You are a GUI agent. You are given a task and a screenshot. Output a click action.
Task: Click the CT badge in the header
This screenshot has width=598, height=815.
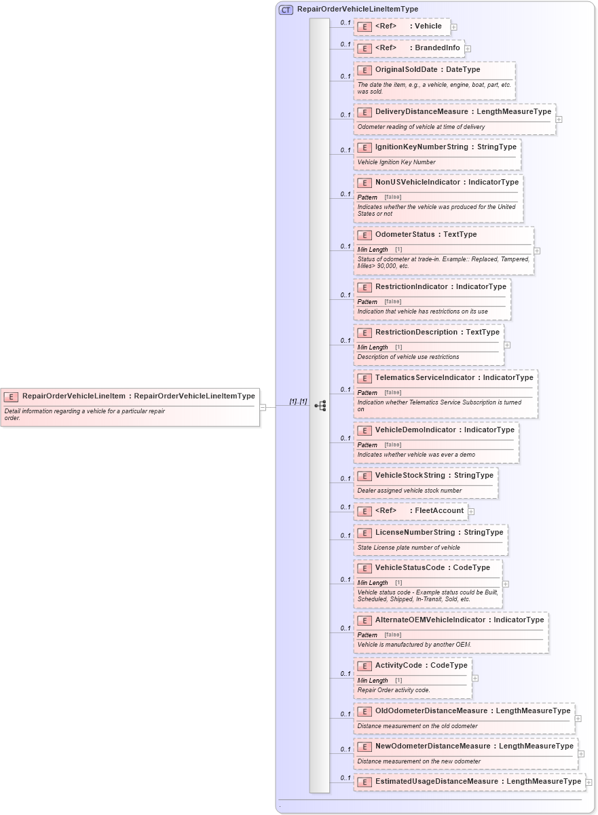[286, 10]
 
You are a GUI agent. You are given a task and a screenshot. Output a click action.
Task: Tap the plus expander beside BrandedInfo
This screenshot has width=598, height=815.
[468, 49]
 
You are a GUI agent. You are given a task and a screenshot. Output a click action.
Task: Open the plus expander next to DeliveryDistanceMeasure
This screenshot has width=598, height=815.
[559, 119]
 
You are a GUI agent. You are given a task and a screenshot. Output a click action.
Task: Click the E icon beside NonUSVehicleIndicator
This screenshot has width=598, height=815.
[365, 183]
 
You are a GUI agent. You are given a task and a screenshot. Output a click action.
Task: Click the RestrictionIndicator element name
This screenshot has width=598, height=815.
[413, 286]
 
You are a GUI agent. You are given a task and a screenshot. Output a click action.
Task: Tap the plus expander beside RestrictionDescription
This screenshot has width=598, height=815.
[507, 345]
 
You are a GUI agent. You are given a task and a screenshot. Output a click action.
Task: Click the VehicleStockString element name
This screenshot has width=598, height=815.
[410, 475]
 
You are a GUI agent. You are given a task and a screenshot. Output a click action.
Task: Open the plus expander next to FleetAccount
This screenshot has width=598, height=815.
[471, 512]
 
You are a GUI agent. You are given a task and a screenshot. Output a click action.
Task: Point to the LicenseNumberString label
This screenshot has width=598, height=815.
[415, 532]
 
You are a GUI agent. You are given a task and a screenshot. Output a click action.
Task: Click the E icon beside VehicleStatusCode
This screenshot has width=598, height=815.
[365, 568]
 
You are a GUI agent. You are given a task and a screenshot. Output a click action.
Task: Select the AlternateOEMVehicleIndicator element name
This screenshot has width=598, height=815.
[432, 620]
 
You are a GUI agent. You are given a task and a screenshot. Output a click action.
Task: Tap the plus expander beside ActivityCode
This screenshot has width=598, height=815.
[475, 678]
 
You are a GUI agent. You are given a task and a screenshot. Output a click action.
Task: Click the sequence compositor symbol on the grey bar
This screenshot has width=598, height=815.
[320, 406]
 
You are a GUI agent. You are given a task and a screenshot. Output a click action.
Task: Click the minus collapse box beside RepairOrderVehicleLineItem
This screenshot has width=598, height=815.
[263, 406]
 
